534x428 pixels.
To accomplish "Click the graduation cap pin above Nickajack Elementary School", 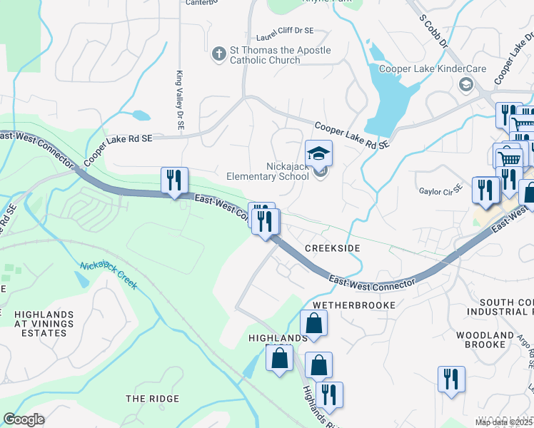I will point(319,153).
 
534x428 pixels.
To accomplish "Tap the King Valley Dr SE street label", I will point(181,100).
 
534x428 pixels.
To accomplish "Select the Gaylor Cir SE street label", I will point(440,186).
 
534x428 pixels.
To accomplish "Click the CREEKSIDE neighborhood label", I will point(332,248).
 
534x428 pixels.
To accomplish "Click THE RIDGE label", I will point(152,398).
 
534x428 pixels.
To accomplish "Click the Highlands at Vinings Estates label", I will point(44,323).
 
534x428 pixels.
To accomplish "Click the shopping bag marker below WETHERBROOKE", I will point(313,322).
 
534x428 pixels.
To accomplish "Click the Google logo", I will point(24,419).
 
